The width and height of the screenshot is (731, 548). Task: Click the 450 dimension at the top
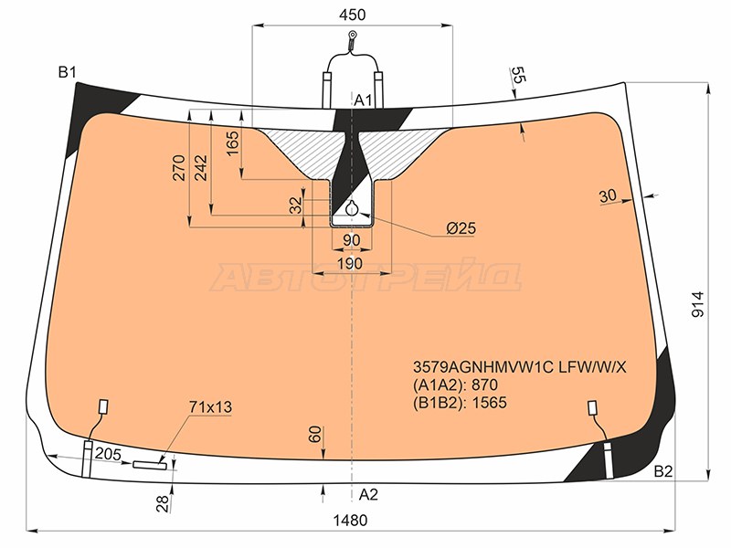352,15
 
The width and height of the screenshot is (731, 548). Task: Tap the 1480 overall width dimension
350,520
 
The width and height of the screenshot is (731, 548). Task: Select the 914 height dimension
697,304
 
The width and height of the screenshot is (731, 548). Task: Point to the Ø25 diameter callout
461,227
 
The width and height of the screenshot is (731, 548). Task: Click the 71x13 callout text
210,406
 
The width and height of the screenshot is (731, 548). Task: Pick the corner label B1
67,72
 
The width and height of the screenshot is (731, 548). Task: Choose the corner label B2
663,471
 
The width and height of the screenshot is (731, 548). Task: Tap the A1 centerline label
364,100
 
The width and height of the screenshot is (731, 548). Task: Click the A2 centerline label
368,494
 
